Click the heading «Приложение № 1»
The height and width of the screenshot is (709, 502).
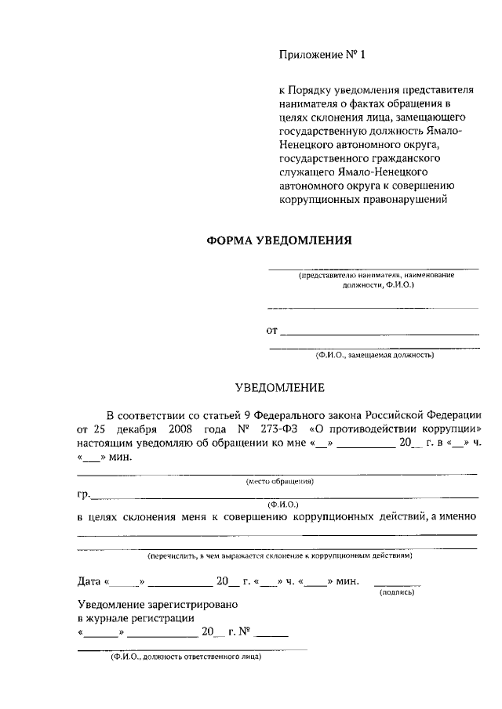(322, 55)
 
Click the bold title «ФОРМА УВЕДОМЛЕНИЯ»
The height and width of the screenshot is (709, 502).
(278, 241)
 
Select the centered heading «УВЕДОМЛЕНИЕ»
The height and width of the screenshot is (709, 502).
(280, 387)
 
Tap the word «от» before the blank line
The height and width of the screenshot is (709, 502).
(272, 330)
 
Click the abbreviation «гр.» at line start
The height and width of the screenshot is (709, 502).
(84, 494)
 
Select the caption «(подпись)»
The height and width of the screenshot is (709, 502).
(396, 592)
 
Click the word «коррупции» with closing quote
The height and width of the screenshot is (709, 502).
(448, 429)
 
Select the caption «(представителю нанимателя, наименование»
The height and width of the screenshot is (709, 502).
(376, 276)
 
